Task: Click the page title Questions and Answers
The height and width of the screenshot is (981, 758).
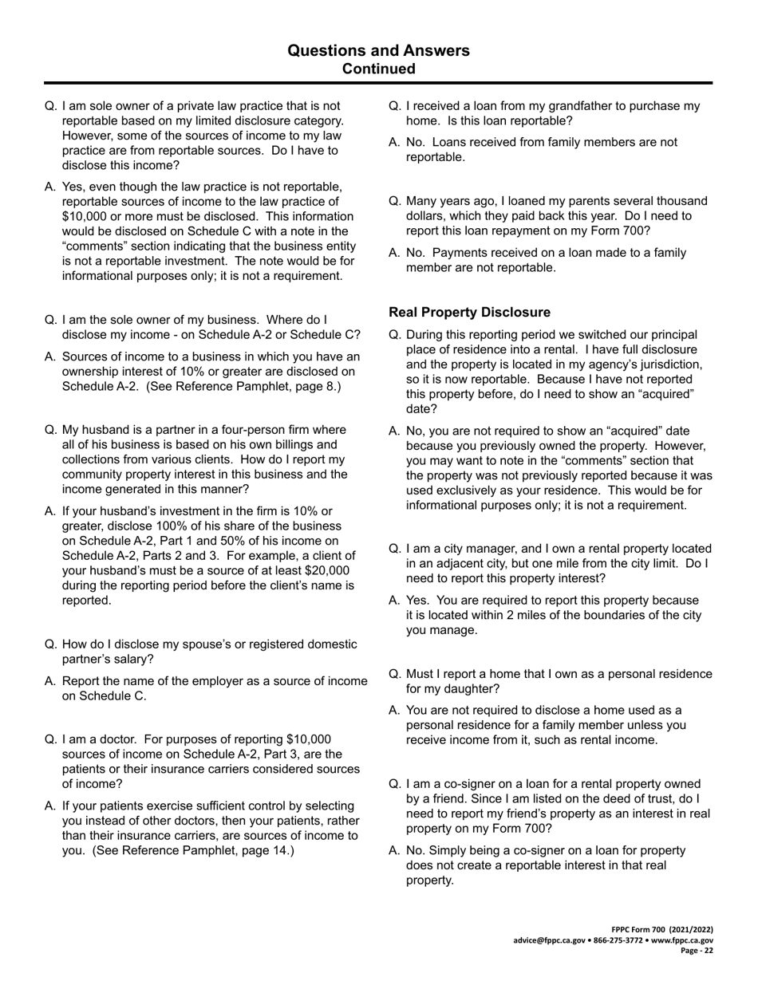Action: pyautogui.click(x=378, y=51)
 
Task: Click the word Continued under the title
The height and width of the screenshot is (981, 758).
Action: pyautogui.click(x=378, y=69)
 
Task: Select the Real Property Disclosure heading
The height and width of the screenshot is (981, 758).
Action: pyautogui.click(x=469, y=312)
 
